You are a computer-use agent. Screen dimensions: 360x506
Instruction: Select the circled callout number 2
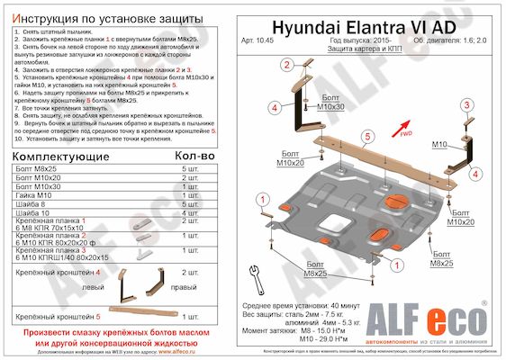[286, 64]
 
